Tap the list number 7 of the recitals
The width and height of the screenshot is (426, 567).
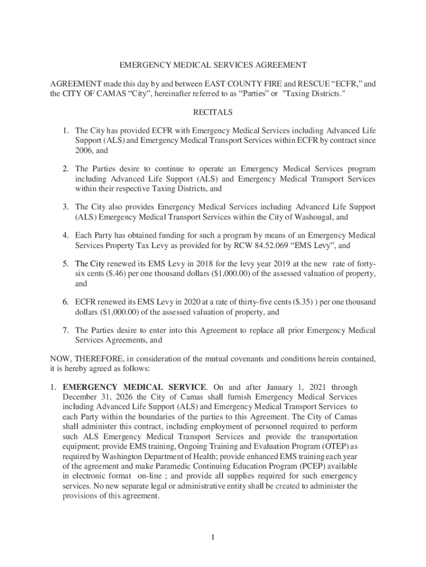(x=65, y=331)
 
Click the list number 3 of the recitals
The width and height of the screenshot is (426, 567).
(x=65, y=207)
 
